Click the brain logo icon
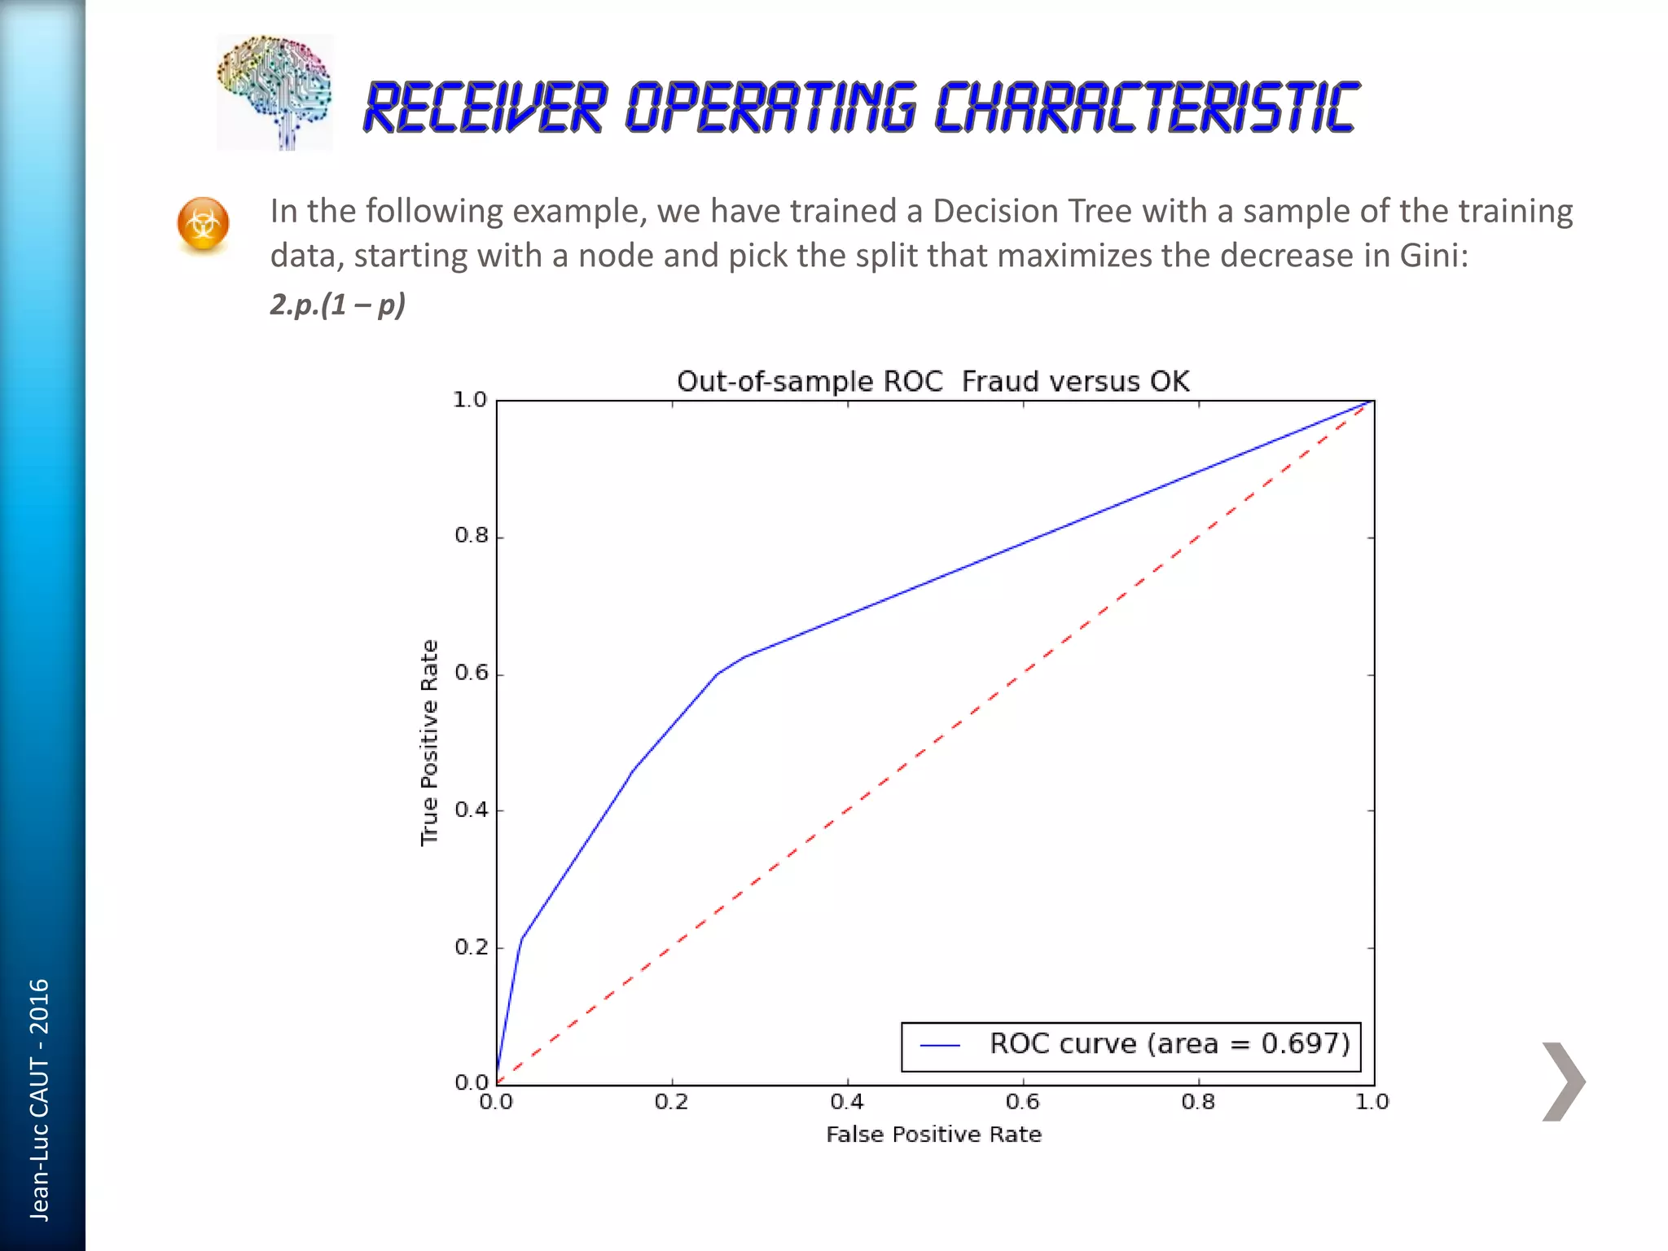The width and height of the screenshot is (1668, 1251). (x=274, y=92)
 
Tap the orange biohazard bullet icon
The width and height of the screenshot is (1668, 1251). (x=203, y=224)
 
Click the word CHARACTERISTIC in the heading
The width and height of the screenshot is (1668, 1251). (x=1146, y=108)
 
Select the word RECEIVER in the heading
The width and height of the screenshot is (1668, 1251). (x=485, y=108)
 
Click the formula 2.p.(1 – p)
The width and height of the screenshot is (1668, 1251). (x=337, y=305)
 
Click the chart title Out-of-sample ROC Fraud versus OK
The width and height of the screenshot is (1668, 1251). (x=933, y=381)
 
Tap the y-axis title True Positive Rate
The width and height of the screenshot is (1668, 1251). (x=429, y=743)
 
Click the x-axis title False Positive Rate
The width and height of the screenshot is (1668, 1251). (x=933, y=1134)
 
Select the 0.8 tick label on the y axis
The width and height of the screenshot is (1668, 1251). (x=471, y=536)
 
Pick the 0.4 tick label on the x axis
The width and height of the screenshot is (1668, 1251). (x=847, y=1102)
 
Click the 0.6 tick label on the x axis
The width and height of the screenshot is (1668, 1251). (x=1022, y=1102)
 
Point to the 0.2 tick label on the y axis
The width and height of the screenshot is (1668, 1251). (x=471, y=947)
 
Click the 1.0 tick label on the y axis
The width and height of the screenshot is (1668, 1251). (x=469, y=400)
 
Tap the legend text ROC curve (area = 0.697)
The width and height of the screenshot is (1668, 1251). (x=1170, y=1043)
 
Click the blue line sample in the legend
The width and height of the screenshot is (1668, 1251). (x=940, y=1045)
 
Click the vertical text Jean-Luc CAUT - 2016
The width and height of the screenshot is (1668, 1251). (x=39, y=1100)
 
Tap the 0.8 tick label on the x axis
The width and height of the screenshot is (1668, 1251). (x=1197, y=1102)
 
